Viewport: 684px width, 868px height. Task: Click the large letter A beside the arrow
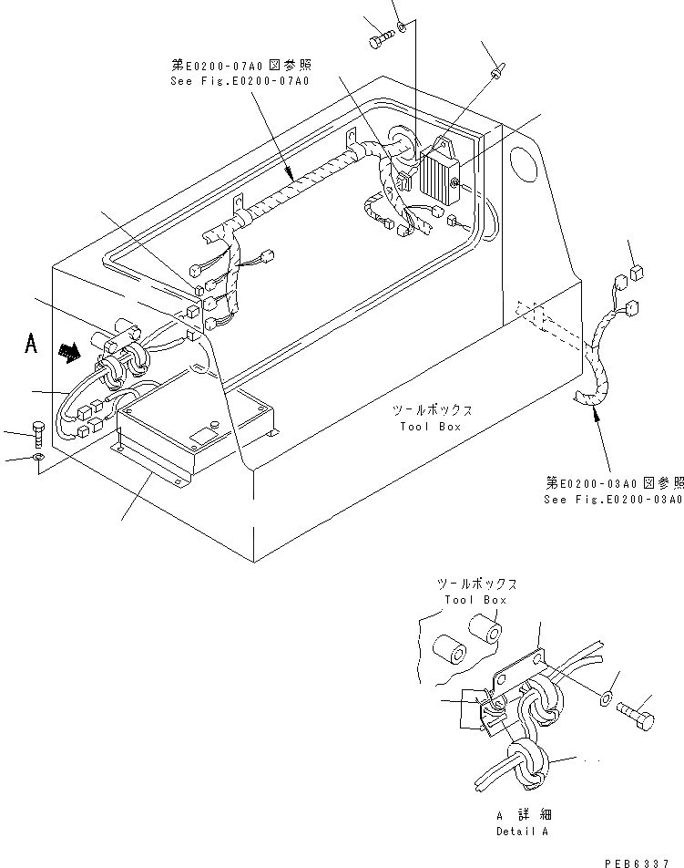tap(31, 345)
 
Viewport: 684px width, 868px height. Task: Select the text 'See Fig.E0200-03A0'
tap(613, 500)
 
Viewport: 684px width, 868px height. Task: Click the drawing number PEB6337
tap(643, 861)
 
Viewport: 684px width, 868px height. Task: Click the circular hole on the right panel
tap(526, 168)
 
